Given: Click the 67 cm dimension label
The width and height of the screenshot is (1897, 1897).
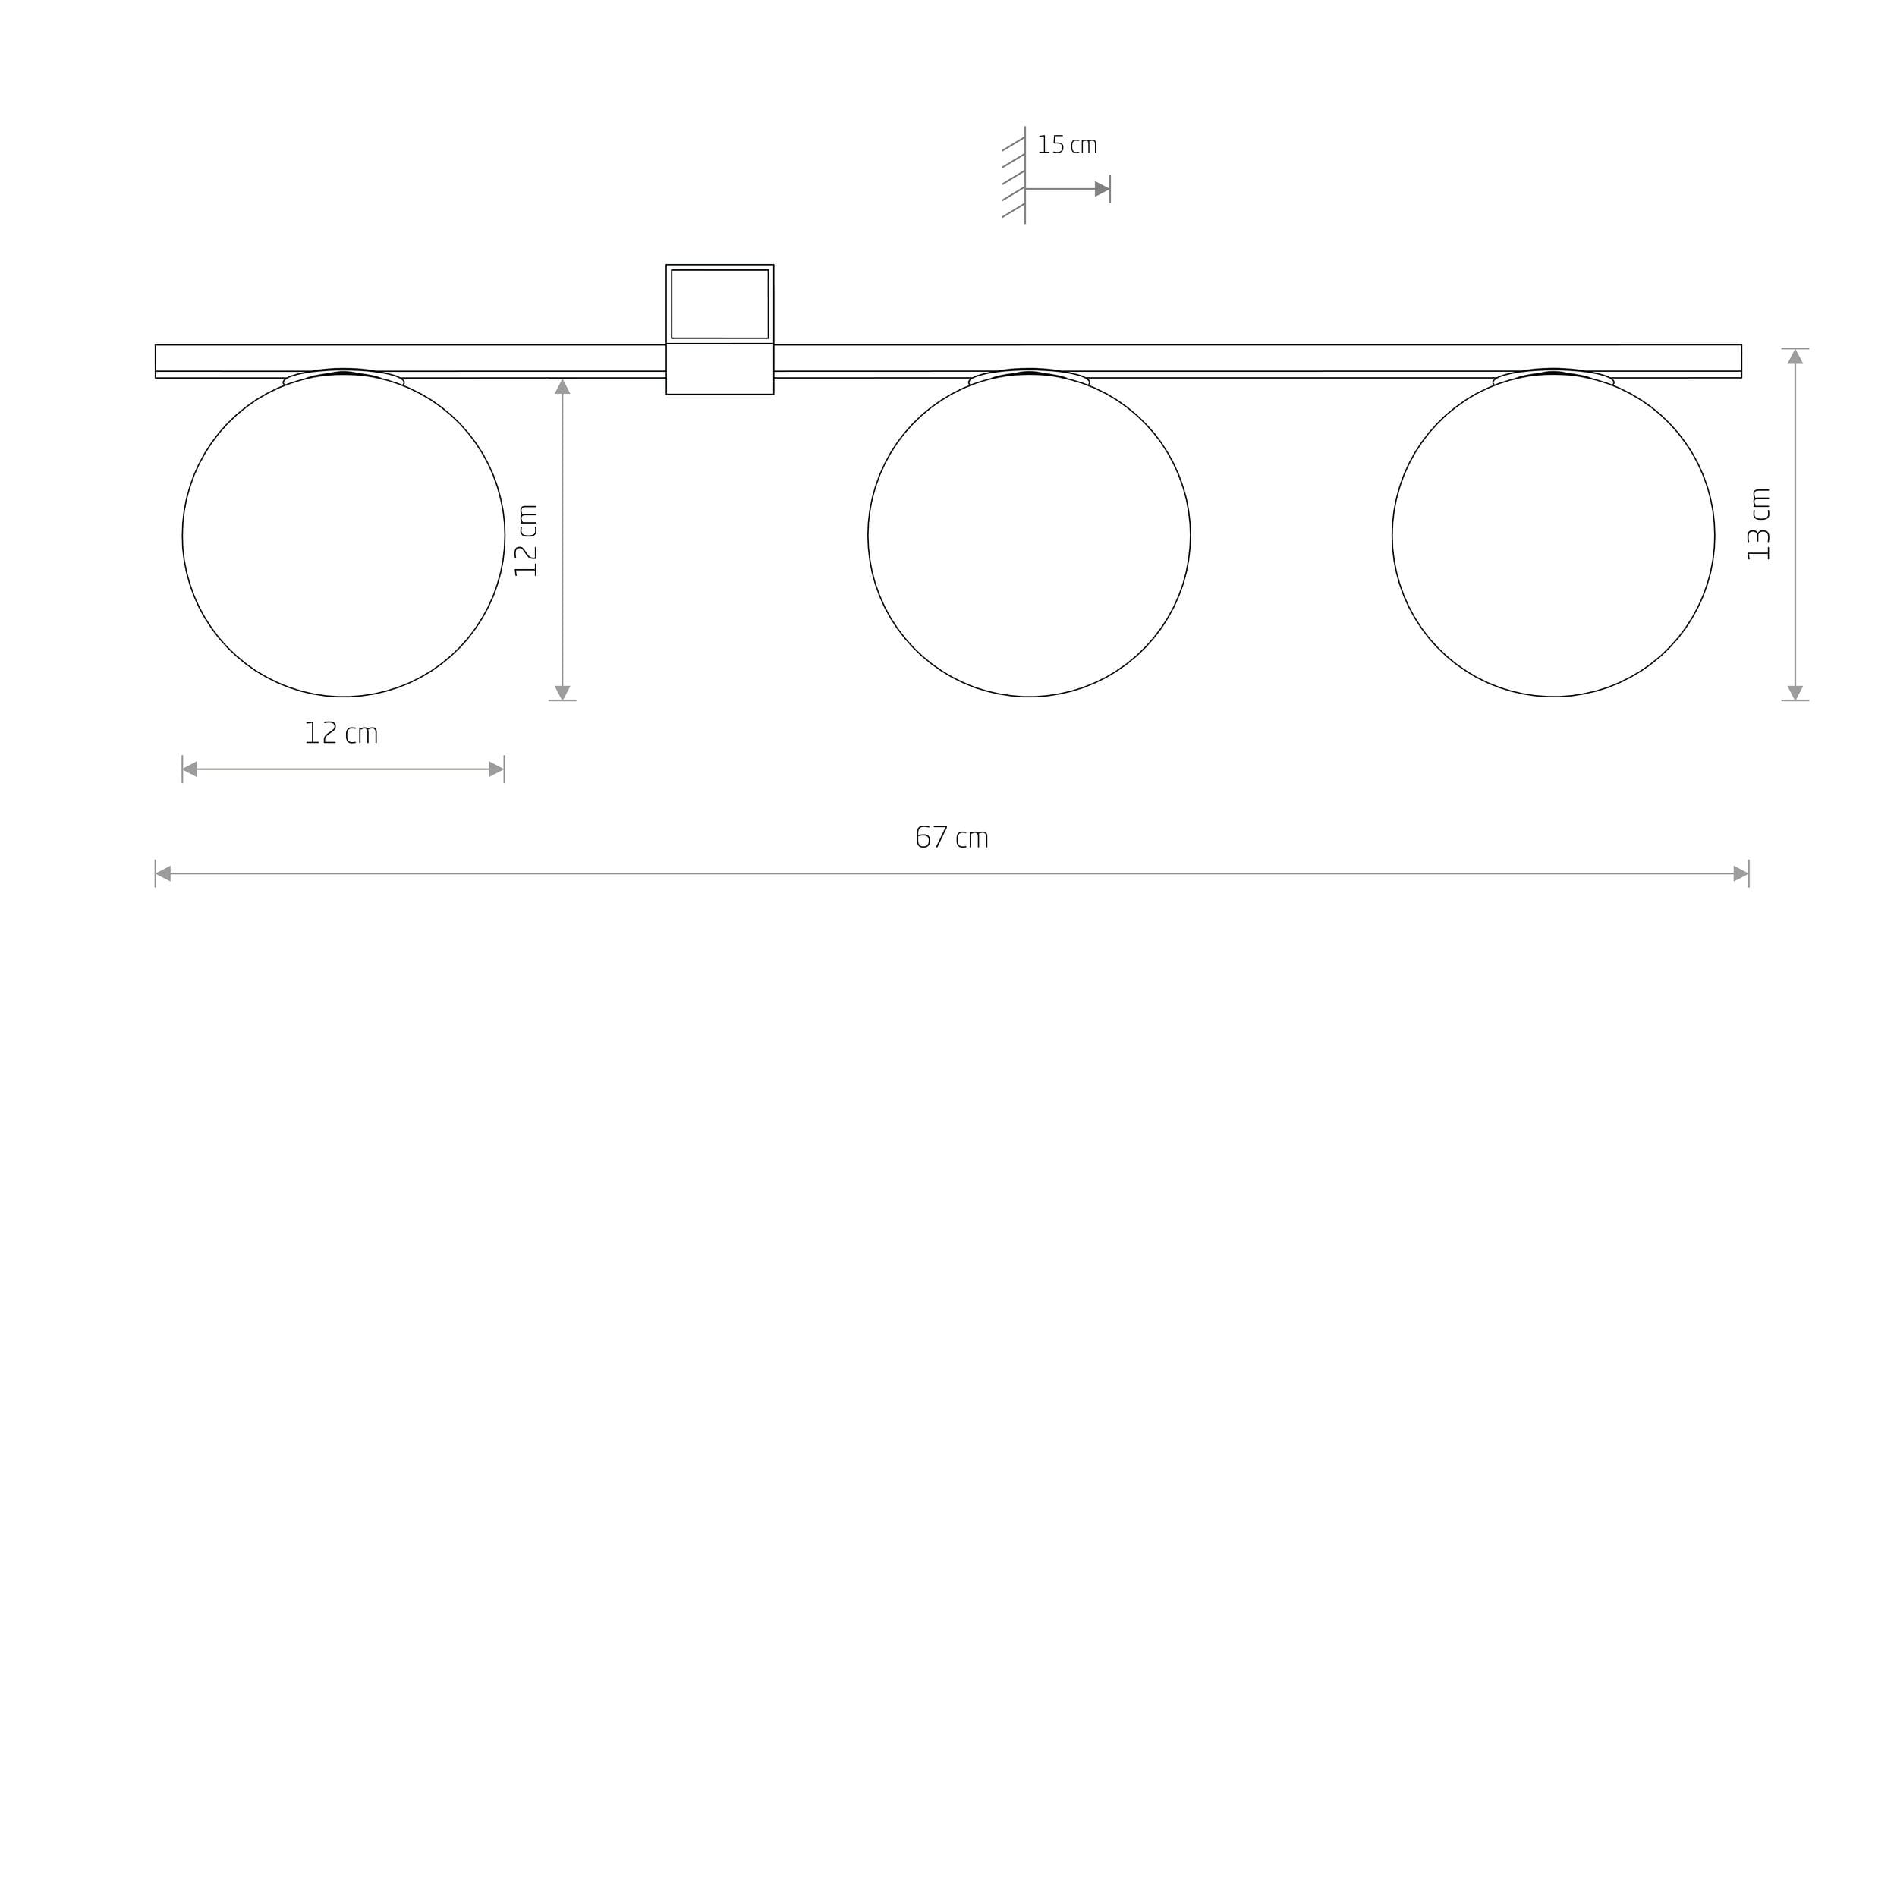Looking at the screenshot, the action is pos(952,838).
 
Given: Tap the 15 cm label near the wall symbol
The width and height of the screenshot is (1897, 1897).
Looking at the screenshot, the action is pos(1068,146).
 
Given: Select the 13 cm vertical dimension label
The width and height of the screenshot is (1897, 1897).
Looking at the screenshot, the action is pos(1760,524).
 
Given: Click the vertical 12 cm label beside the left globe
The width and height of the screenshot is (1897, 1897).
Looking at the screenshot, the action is pos(527,540).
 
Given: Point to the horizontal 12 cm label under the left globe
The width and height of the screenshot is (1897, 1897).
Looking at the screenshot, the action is pos(341,734).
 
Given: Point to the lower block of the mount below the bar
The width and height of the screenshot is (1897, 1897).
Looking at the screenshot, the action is pos(719,370).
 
